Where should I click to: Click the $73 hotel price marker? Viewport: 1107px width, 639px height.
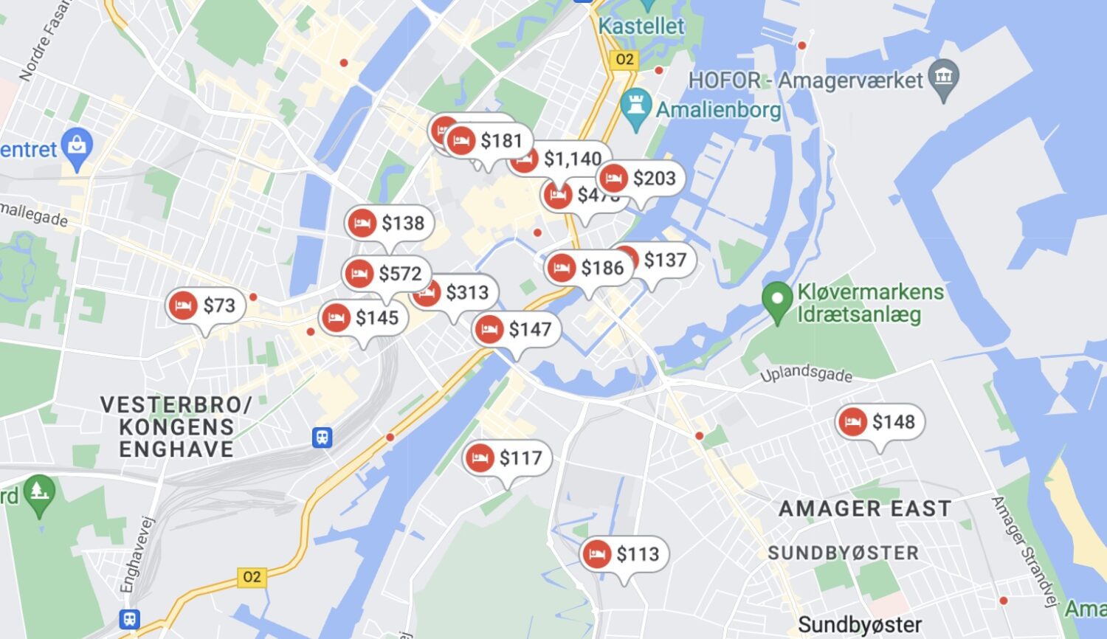(x=205, y=305)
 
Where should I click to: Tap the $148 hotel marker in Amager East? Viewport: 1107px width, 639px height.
(x=880, y=422)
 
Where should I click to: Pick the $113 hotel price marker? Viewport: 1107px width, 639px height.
(x=624, y=554)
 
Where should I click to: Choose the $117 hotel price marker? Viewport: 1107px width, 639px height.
(x=507, y=458)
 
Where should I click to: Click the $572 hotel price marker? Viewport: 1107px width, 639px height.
(x=387, y=274)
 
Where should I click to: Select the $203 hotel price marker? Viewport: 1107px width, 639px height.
(x=641, y=178)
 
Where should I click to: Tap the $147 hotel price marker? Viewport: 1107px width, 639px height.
(x=517, y=329)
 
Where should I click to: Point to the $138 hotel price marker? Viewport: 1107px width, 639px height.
(x=389, y=223)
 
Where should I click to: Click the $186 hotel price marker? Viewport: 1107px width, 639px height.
(x=588, y=267)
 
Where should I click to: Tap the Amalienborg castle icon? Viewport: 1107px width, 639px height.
(x=635, y=108)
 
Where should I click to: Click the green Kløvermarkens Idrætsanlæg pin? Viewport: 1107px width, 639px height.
(x=776, y=301)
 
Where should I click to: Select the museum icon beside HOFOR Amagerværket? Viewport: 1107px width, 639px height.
(x=944, y=76)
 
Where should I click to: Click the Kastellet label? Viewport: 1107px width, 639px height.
(x=641, y=26)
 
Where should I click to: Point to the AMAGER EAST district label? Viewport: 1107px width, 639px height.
(x=864, y=508)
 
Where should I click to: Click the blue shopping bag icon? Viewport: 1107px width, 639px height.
(x=77, y=146)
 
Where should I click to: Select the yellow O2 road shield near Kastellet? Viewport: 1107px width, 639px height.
(x=624, y=59)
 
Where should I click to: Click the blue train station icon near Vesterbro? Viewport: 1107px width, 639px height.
(x=322, y=438)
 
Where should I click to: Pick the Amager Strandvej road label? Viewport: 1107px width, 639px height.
(x=1023, y=550)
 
